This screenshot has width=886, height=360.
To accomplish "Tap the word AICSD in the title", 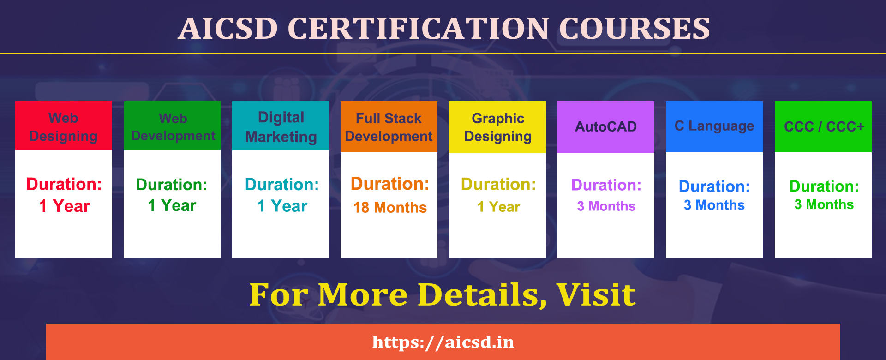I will (227, 29).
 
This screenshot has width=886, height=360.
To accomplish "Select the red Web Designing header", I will (64, 126).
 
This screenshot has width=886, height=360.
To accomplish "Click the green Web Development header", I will (173, 126).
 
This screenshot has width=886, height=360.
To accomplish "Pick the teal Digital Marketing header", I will (281, 126).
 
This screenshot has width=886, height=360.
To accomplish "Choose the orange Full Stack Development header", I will (389, 127).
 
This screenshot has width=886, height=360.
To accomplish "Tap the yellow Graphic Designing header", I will (497, 127).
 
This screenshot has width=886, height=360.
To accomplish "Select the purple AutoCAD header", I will (605, 126).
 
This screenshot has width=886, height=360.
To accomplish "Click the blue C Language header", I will (714, 126).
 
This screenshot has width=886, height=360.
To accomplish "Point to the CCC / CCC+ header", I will (824, 126).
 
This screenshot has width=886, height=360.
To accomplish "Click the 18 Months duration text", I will (390, 208).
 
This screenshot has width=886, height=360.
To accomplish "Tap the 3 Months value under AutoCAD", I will (606, 206).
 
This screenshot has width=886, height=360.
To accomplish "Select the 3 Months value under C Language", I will (714, 205).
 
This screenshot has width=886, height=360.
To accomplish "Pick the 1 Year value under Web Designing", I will (64, 206).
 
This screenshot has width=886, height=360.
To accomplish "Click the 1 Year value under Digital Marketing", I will (281, 206).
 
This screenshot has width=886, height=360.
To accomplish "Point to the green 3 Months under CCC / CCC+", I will (824, 205).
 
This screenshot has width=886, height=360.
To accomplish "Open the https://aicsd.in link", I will (443, 342).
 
